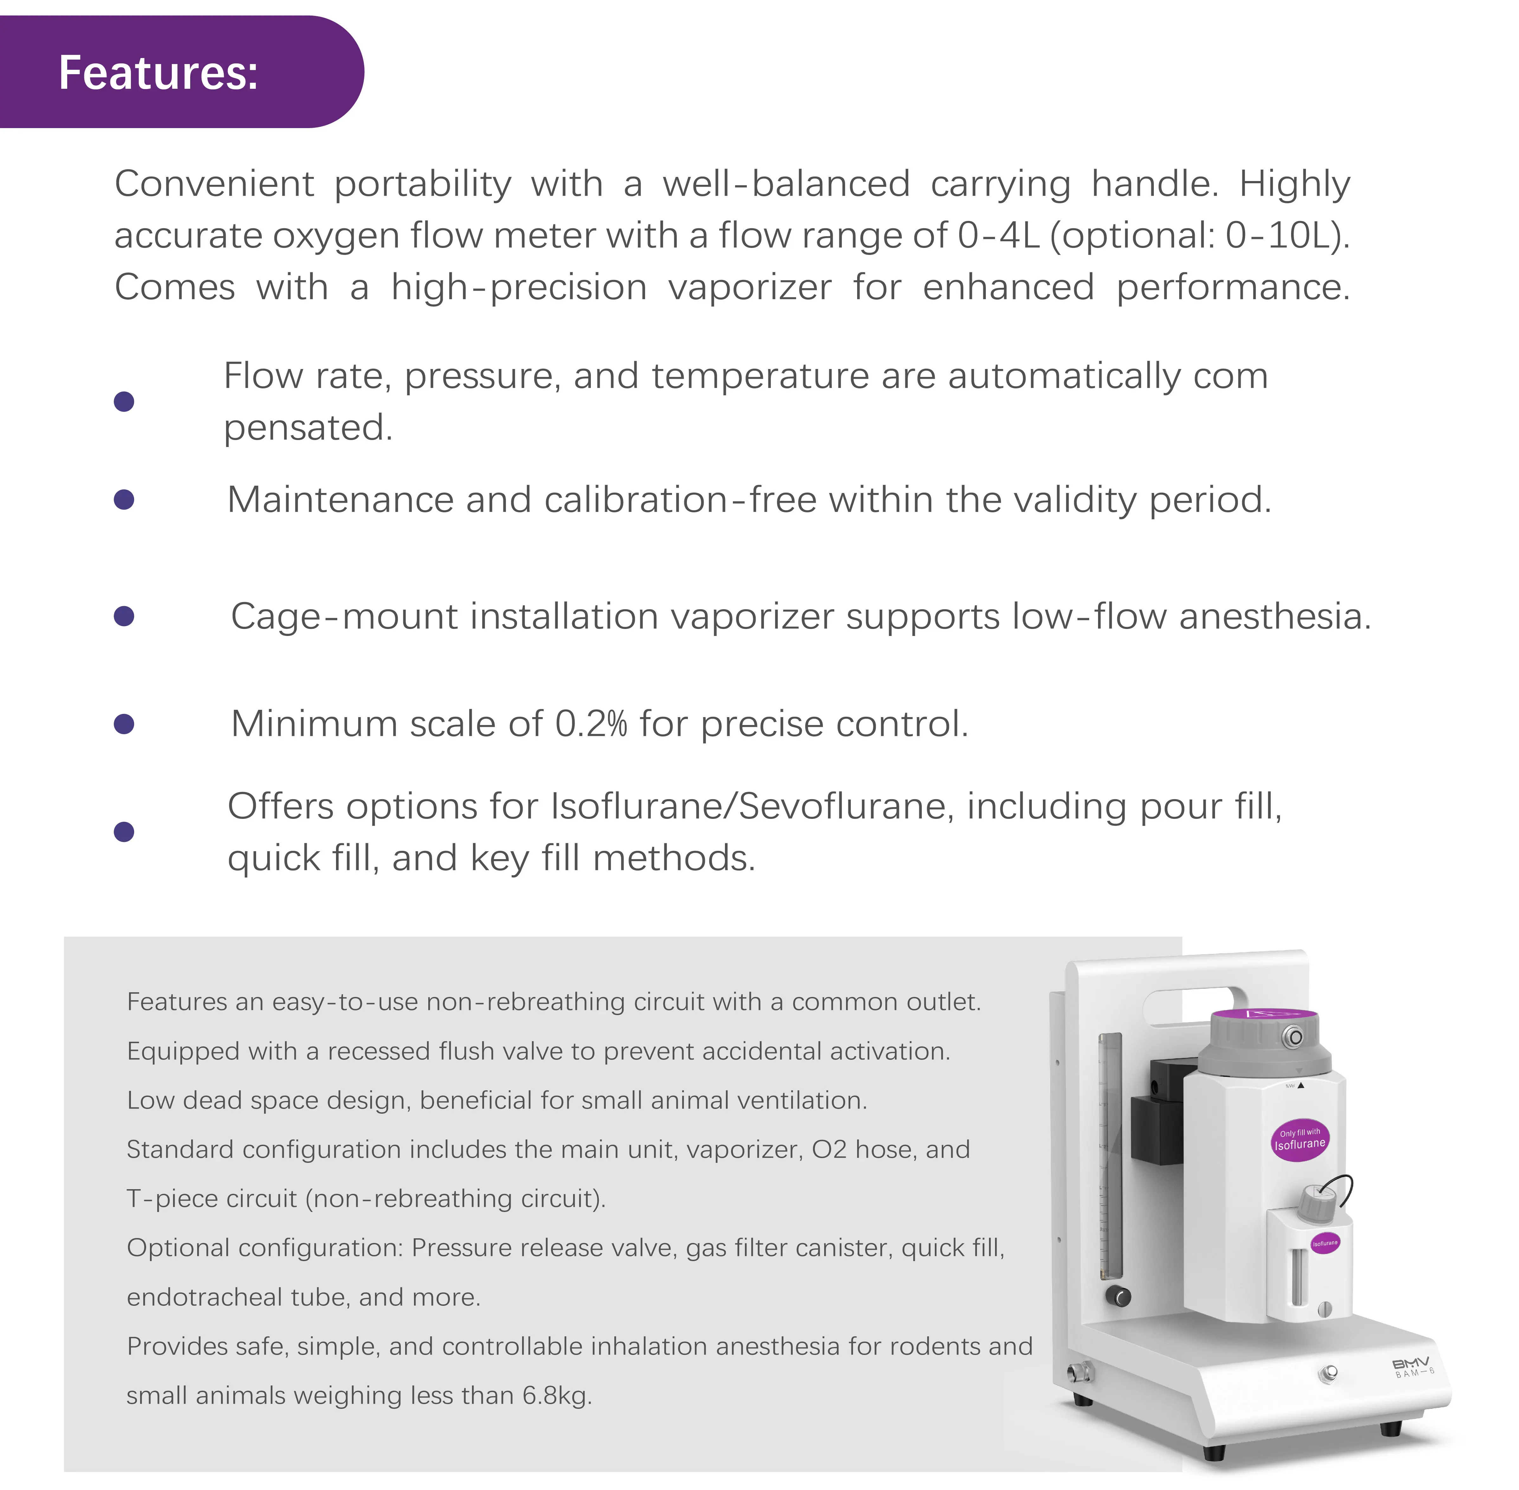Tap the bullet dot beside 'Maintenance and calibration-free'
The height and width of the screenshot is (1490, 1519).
pyautogui.click(x=124, y=499)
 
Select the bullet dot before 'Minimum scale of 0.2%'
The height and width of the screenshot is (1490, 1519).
pyautogui.click(x=124, y=724)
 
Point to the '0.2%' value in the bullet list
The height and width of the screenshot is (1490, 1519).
pyautogui.click(x=591, y=724)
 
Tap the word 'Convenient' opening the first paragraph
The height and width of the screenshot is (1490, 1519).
pyautogui.click(x=214, y=184)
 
